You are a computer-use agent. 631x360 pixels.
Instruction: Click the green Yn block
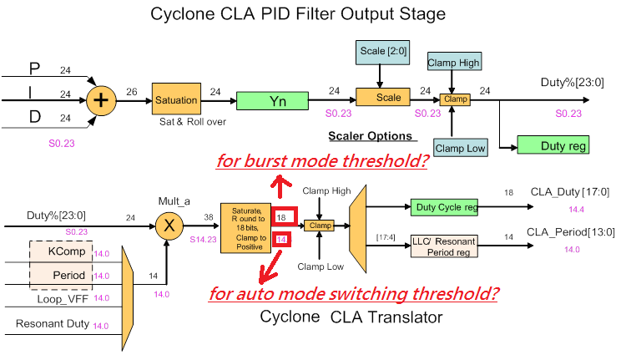(x=277, y=101)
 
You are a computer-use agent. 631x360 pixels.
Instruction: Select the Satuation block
(x=176, y=100)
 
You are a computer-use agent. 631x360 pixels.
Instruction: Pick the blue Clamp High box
(x=453, y=63)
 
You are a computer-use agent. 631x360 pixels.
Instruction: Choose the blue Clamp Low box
(x=459, y=148)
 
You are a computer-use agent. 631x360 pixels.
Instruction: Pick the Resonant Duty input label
(x=49, y=323)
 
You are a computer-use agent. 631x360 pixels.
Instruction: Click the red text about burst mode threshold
(x=322, y=160)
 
